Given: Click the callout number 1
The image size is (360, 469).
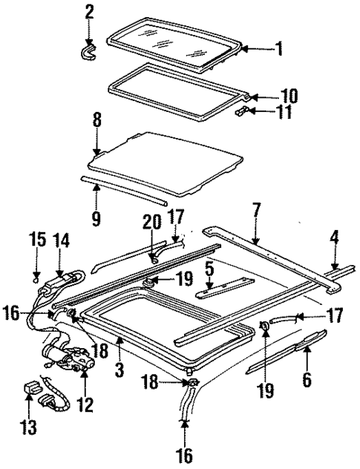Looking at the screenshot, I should (x=278, y=51).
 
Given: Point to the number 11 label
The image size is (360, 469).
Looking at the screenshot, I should (x=285, y=113).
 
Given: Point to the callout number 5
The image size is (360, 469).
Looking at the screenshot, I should (x=211, y=270).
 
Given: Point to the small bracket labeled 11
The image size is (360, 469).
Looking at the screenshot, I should (x=241, y=110).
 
